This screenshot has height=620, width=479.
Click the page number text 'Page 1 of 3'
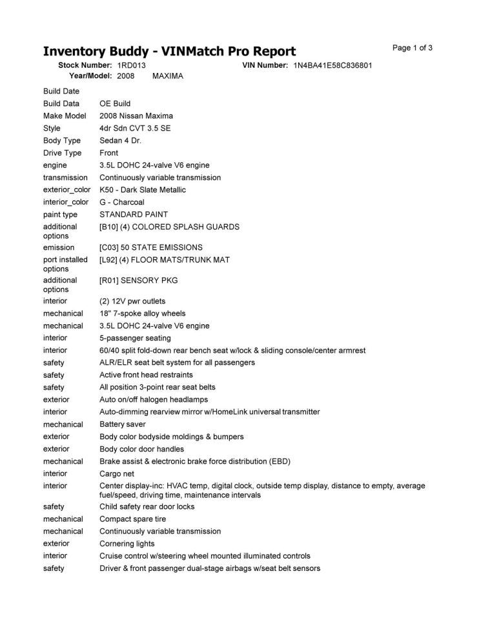coord(412,48)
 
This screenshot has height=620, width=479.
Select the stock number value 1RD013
coord(132,66)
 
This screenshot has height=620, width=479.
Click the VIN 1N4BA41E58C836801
coord(332,66)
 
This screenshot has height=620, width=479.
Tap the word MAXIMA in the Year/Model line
coord(168,76)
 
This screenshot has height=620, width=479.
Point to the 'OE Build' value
coord(115,103)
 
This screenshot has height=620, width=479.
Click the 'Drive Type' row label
coord(63,153)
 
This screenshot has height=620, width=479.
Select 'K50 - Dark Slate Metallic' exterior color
coord(143,190)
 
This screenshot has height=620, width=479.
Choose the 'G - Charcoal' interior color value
coord(122,202)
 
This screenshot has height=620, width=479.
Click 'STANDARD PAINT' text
coord(134,214)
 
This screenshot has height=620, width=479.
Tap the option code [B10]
coord(108,227)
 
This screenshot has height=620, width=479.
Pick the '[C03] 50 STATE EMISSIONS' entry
coord(151,247)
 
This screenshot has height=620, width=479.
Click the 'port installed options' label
coord(65,264)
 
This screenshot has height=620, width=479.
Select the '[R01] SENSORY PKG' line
coord(138,280)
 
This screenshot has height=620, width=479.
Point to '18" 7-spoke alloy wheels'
coord(143,313)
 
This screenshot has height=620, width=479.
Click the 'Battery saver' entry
coord(123,424)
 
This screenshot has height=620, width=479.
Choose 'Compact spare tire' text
coord(133,519)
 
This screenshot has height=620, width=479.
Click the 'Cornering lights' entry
coord(127,544)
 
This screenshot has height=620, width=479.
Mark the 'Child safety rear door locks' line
coord(147,507)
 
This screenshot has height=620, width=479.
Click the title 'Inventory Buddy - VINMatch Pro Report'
coord(169,52)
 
